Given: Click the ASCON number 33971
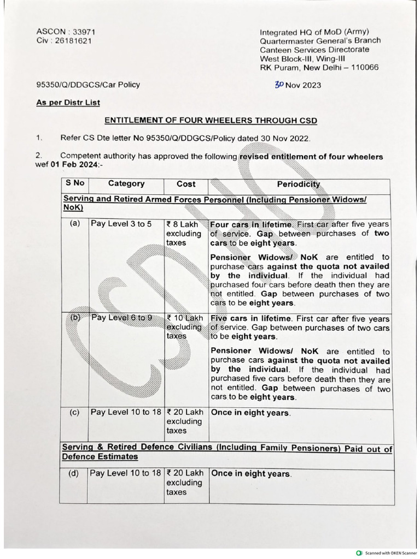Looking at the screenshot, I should point(76,31).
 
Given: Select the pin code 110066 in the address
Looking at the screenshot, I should point(361,68).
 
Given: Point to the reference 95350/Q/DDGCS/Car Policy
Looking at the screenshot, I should point(88,85).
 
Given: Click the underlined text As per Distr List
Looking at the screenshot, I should point(68,102).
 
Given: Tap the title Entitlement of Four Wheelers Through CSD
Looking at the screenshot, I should point(211,120).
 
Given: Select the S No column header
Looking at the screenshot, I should point(75,184).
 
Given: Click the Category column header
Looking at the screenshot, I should point(126,184).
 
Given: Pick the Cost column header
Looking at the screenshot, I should point(186,185).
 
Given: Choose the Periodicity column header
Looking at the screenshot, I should point(299,185).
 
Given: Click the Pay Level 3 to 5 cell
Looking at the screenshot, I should point(121,224).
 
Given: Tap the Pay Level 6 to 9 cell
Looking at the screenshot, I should point(121,318).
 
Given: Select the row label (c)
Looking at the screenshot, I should point(75,413).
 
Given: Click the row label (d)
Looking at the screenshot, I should point(74,474).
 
